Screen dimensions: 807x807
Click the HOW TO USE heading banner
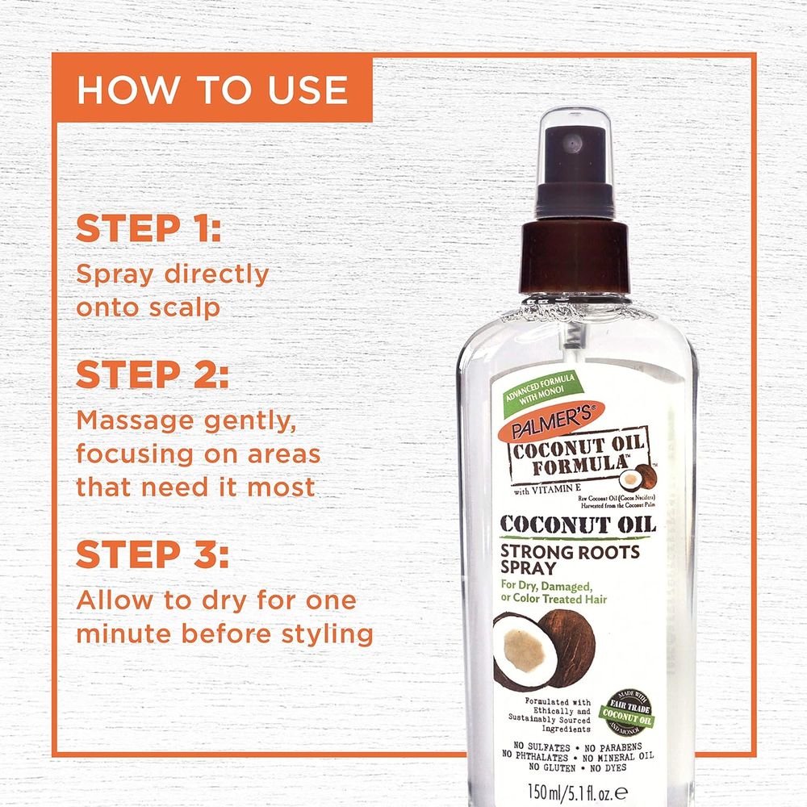(x=211, y=90)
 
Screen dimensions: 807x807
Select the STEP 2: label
(x=153, y=376)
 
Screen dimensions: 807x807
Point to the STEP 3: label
(x=153, y=556)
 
